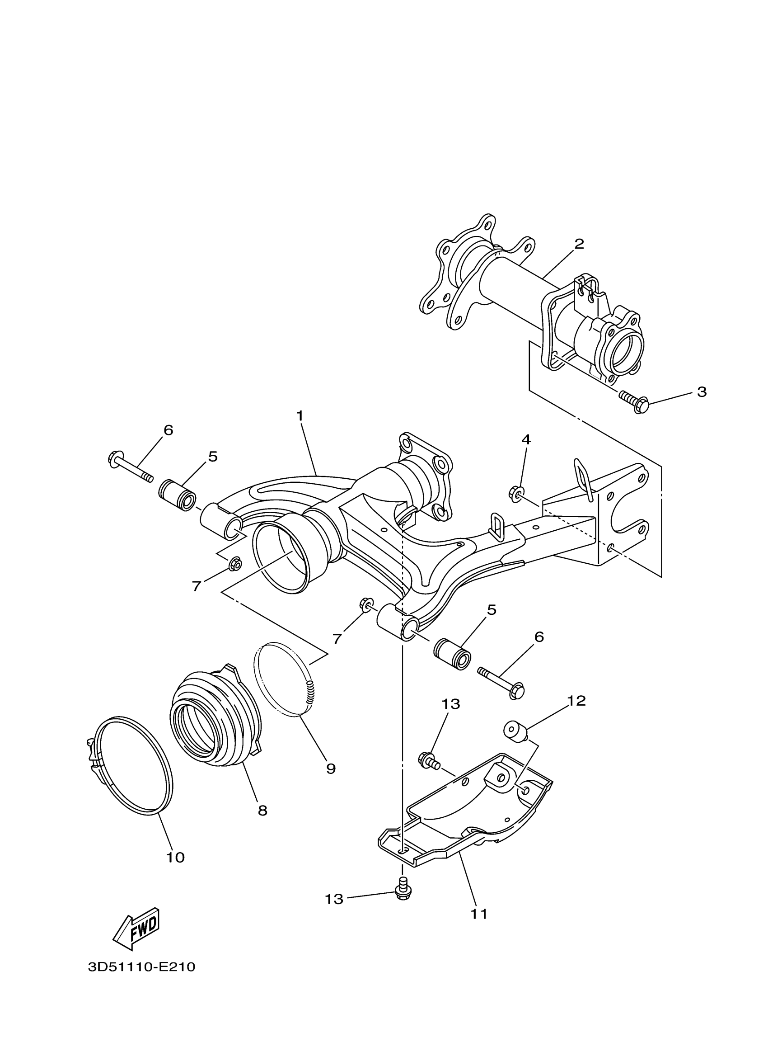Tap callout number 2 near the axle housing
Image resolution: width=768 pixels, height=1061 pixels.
pos(579,244)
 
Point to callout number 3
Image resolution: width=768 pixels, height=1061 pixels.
pos(702,392)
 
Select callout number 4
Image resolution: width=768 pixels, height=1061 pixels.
pos(526,439)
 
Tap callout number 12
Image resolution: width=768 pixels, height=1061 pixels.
pos(577,700)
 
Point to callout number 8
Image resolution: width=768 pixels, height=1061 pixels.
pos(262,811)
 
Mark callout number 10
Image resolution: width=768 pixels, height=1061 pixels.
pos(175,858)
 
